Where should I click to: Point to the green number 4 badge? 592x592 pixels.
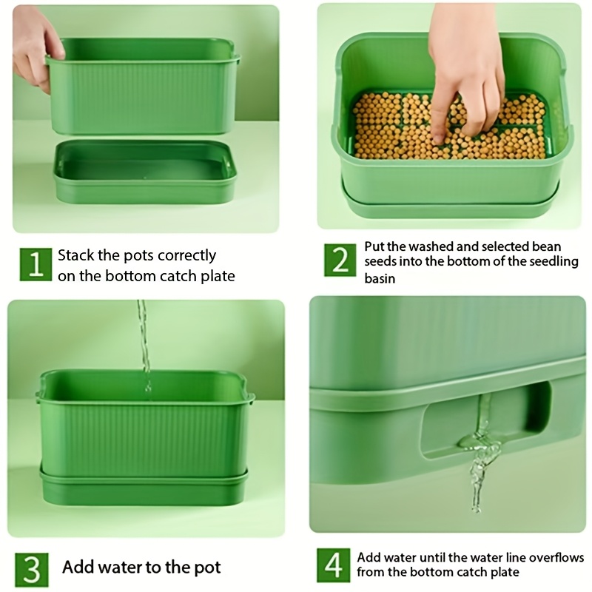pos(334,565)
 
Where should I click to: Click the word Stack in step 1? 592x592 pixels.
pos(76,255)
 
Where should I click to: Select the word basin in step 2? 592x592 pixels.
pos(380,278)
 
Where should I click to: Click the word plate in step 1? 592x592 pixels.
pos(216,276)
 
